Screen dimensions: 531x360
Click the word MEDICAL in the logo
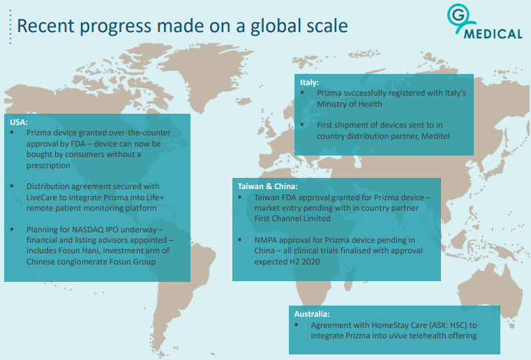point(493,34)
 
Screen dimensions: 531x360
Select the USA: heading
point(19,122)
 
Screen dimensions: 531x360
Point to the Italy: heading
point(309,82)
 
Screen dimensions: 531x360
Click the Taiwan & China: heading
point(267,186)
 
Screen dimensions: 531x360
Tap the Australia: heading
point(312,314)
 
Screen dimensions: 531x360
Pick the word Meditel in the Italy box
point(435,136)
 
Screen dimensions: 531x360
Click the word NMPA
point(265,240)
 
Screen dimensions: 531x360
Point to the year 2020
point(311,262)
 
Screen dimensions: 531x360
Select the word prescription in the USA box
point(48,165)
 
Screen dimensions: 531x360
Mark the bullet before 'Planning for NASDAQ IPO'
point(12,230)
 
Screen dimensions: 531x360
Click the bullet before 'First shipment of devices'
point(302,125)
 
